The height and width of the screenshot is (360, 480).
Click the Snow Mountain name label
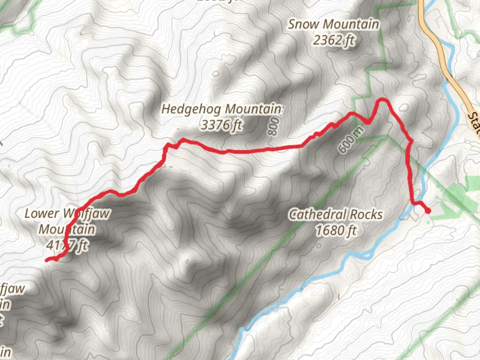[333, 24]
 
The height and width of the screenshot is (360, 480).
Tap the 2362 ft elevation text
[333, 40]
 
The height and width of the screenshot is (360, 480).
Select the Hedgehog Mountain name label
[221, 109]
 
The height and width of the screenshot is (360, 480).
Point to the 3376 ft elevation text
[221, 125]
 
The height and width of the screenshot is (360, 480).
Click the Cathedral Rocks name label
[336, 214]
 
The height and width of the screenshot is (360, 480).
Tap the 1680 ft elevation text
[336, 230]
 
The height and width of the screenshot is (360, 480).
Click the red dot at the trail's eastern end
[427, 210]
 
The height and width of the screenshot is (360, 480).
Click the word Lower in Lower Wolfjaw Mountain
[42, 214]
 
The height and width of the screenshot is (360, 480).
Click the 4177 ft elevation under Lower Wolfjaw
[67, 246]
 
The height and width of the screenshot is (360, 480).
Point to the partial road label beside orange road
[474, 124]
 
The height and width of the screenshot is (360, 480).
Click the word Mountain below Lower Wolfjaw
[67, 230]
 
